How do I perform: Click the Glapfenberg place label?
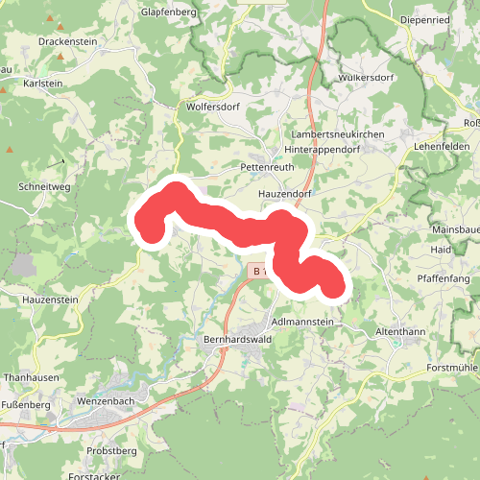[x=169, y=12]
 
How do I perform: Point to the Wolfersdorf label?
[x=213, y=107]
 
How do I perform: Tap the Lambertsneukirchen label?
[x=339, y=135]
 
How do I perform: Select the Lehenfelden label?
[x=441, y=146]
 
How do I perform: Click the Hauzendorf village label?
[x=285, y=194]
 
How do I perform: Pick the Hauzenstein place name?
[x=49, y=300]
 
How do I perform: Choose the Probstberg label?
[x=111, y=450]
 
